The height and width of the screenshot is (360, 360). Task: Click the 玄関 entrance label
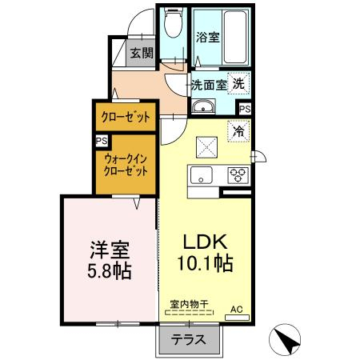[x=144, y=55]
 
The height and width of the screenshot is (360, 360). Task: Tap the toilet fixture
[x=171, y=28]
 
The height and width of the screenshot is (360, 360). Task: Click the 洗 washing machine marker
[x=238, y=82]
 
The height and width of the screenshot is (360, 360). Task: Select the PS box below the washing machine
[x=244, y=109]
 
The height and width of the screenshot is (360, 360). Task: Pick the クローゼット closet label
[x=124, y=117]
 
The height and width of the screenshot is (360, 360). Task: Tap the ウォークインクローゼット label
[x=125, y=165]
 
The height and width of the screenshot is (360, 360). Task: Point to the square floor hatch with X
[x=207, y=146]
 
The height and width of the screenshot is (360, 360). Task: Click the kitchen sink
[x=200, y=176]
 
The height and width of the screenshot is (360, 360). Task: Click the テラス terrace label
[x=188, y=339]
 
